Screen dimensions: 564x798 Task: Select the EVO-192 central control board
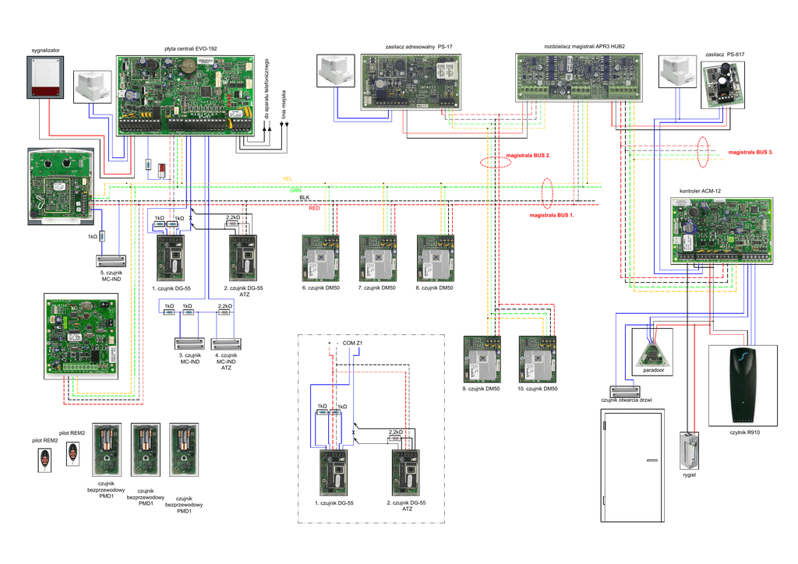click(x=185, y=93)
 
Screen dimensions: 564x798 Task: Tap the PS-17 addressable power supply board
click(x=411, y=80)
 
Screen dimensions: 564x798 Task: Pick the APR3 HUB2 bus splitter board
click(x=580, y=76)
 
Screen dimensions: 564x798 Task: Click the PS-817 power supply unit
click(x=723, y=84)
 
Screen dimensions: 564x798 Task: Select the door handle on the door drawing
click(x=651, y=461)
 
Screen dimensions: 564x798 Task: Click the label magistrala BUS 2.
click(x=529, y=156)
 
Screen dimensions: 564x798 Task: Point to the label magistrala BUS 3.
click(x=750, y=153)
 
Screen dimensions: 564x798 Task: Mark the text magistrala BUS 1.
click(x=552, y=214)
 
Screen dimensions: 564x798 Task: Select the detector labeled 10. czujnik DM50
click(x=538, y=358)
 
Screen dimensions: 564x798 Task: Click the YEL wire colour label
click(x=287, y=178)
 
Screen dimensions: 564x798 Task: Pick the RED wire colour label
click(x=314, y=209)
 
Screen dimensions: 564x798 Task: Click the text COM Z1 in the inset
click(x=355, y=344)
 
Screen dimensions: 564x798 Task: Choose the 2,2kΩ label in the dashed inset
click(x=395, y=432)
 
